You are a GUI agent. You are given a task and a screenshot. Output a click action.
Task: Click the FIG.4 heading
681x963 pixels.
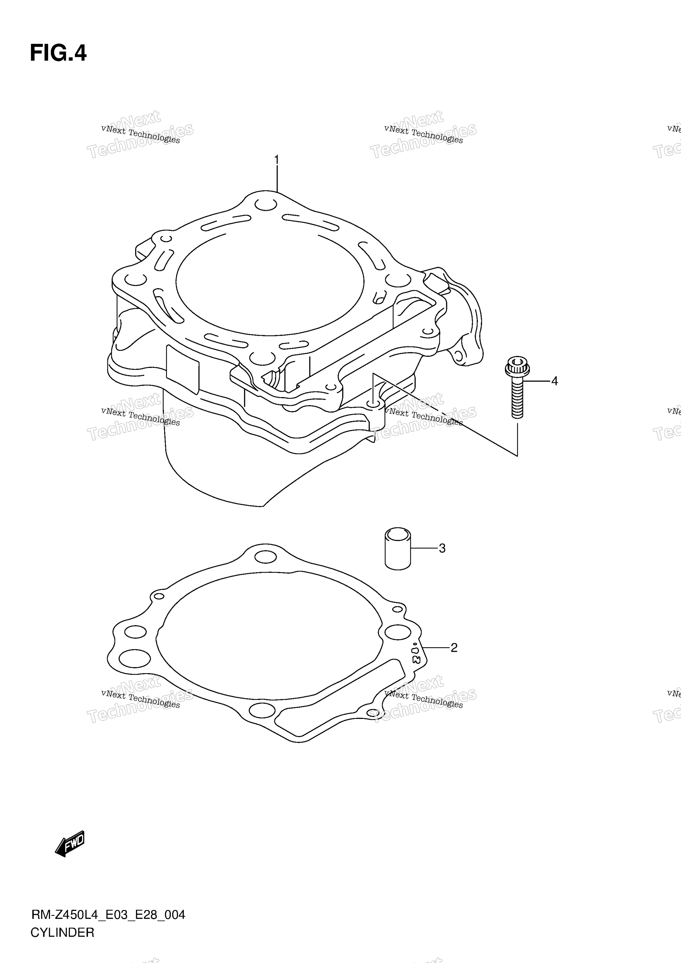(58, 53)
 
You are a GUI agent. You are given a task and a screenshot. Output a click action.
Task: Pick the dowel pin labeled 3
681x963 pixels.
(398, 548)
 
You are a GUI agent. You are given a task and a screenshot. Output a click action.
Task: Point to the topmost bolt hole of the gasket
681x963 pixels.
(265, 557)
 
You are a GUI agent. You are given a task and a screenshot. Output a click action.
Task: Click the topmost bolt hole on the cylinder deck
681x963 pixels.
(266, 205)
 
